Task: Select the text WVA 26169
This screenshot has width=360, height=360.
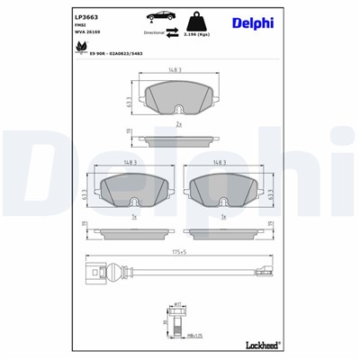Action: pyautogui.click(x=88, y=40)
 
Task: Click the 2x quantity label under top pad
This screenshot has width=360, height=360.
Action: pyautogui.click(x=179, y=123)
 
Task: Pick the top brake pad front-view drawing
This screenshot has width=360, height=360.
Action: pyautogui.click(x=179, y=97)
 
